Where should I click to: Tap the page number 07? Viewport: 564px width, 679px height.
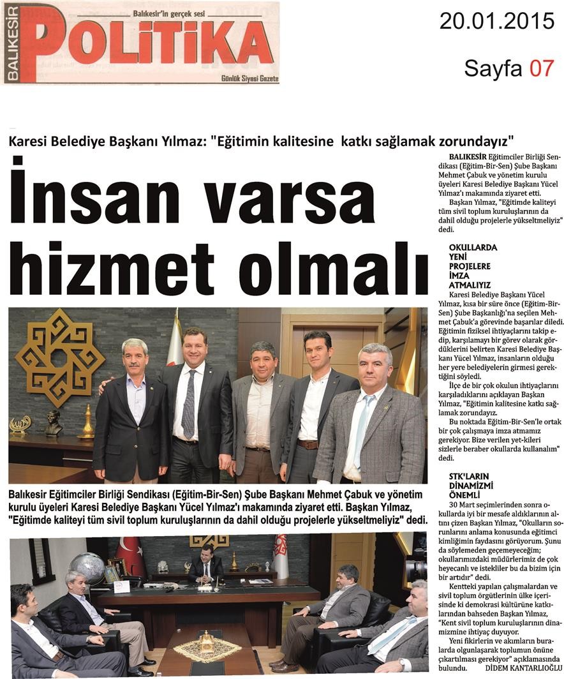coord(542,68)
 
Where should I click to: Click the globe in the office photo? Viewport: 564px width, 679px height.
coord(88,569)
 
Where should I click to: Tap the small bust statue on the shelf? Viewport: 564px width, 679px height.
coord(54,421)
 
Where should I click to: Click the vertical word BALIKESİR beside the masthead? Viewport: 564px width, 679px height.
coord(11,43)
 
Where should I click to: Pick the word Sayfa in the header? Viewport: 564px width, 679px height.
coord(493,68)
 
